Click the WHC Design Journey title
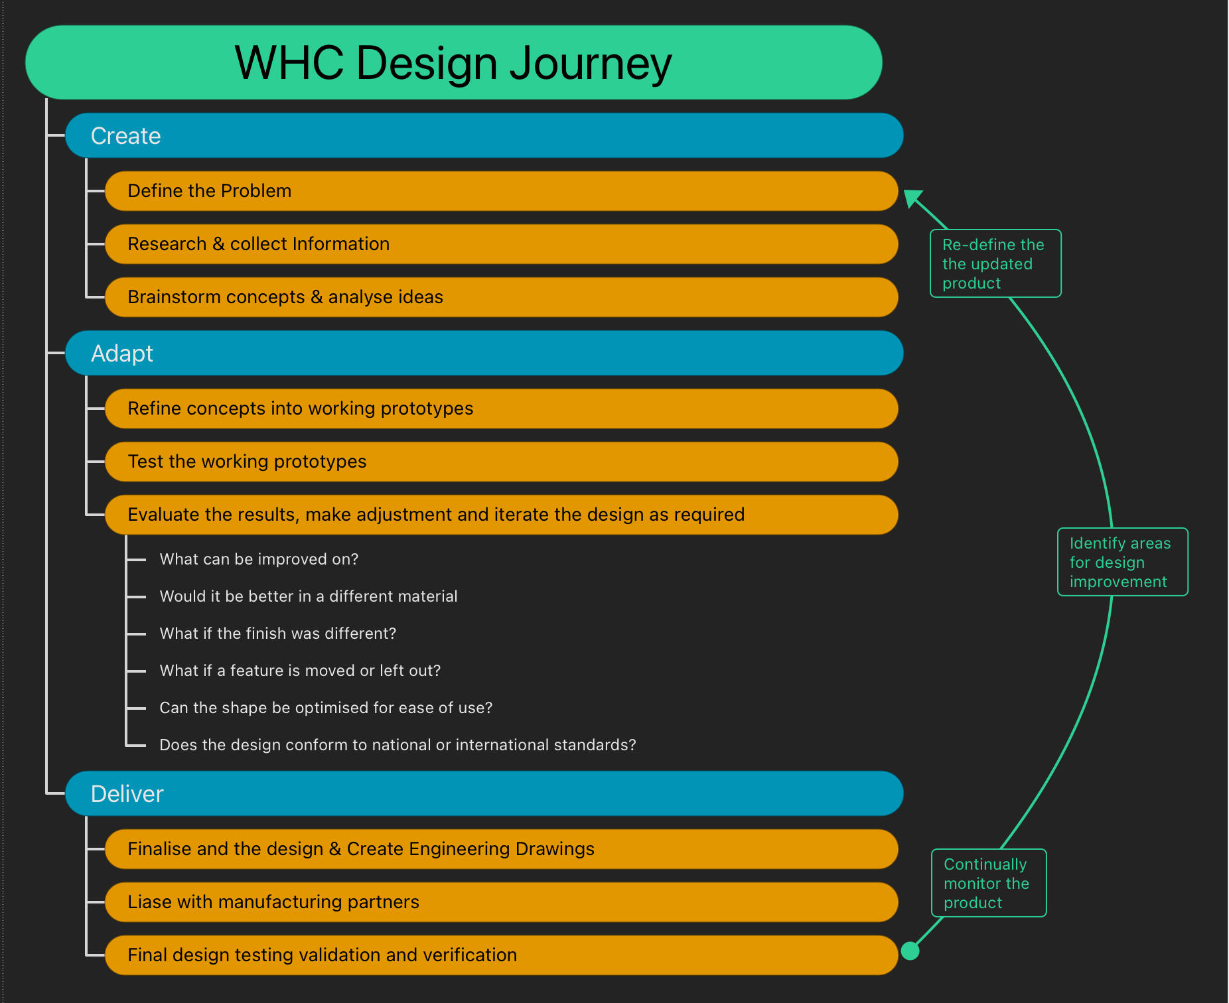[453, 63]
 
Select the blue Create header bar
[484, 136]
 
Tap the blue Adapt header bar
[484, 354]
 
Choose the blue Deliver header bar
[484, 794]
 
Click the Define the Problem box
[501, 191]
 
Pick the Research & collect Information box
[501, 244]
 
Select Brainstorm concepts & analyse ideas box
[501, 297]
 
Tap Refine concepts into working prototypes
[501, 409]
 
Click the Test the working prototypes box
[501, 462]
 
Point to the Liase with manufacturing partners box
[501, 902]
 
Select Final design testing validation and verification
[501, 955]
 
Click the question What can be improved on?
[259, 559]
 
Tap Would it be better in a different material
[309, 596]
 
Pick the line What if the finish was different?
[278, 634]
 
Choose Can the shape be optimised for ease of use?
[326, 708]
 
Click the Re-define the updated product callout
[995, 263]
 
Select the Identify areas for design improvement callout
[1122, 562]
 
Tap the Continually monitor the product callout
[988, 883]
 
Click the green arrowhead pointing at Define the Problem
[912, 198]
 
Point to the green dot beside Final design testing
[910, 951]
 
